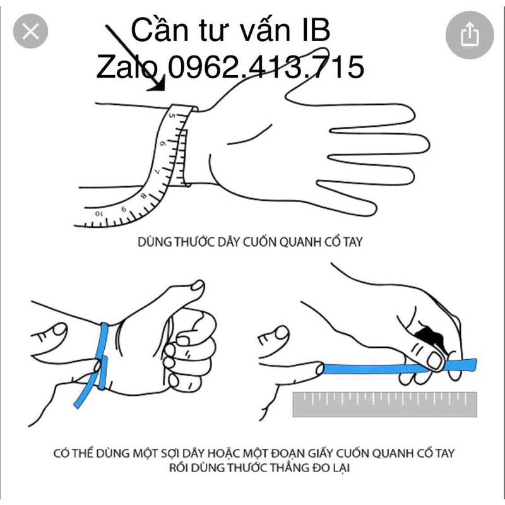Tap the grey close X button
[30, 31]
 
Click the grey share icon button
[470, 35]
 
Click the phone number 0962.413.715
[266, 67]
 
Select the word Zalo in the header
[128, 67]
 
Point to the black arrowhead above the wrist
[158, 84]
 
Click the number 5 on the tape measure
[172, 116]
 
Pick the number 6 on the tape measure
[163, 143]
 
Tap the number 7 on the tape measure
[157, 171]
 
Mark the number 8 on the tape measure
[143, 196]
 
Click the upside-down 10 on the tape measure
[99, 213]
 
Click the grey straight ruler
[385, 404]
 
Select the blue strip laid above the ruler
[400, 367]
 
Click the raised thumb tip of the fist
[198, 286]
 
